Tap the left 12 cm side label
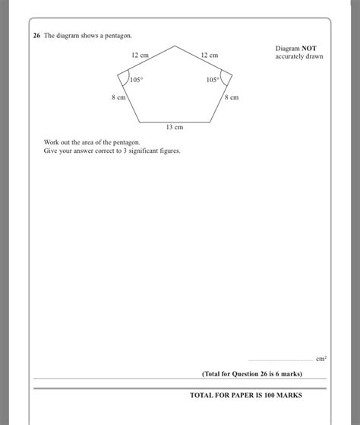[x=139, y=56]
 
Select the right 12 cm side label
[x=209, y=56]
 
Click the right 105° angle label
[x=212, y=79]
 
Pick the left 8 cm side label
[x=118, y=98]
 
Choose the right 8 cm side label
[x=231, y=97]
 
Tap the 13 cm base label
[x=175, y=128]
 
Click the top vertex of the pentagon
[x=175, y=46]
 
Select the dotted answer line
[x=281, y=360]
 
